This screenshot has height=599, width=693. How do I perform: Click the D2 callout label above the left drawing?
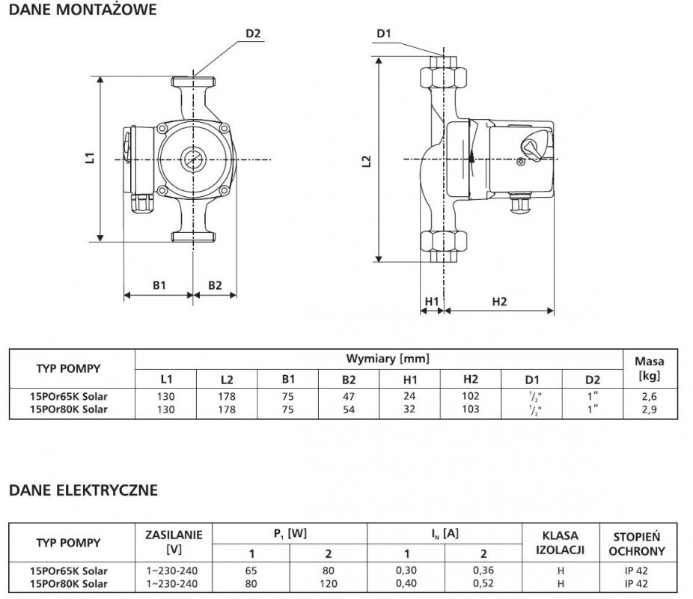(x=253, y=34)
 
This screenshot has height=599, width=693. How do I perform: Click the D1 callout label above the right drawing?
(x=384, y=34)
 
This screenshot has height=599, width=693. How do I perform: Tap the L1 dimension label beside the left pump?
(x=90, y=158)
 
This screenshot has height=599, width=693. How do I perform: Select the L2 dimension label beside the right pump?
(x=367, y=161)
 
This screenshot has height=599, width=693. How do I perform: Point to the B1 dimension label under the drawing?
(x=159, y=285)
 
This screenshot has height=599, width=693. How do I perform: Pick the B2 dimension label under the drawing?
(x=215, y=285)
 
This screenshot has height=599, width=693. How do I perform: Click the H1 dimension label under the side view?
(x=431, y=302)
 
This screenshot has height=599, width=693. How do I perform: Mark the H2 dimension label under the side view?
(x=499, y=302)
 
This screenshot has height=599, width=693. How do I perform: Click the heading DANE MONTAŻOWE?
(x=82, y=10)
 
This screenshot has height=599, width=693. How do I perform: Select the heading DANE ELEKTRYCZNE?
(x=83, y=490)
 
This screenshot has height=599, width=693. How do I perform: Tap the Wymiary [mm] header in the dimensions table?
(x=388, y=359)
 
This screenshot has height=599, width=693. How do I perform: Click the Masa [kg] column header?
(x=650, y=368)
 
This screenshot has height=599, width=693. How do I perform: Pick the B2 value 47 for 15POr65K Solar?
(x=349, y=397)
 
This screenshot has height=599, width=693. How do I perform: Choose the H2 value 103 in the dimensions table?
(x=471, y=410)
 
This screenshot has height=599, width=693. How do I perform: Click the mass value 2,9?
(x=650, y=410)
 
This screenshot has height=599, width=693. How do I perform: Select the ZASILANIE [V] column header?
(x=174, y=542)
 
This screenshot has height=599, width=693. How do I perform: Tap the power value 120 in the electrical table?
(x=329, y=583)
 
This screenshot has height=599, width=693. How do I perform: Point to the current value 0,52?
(x=483, y=583)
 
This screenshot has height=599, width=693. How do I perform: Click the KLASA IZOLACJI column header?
(x=561, y=542)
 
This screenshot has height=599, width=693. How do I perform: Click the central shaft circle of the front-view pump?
(x=192, y=159)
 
